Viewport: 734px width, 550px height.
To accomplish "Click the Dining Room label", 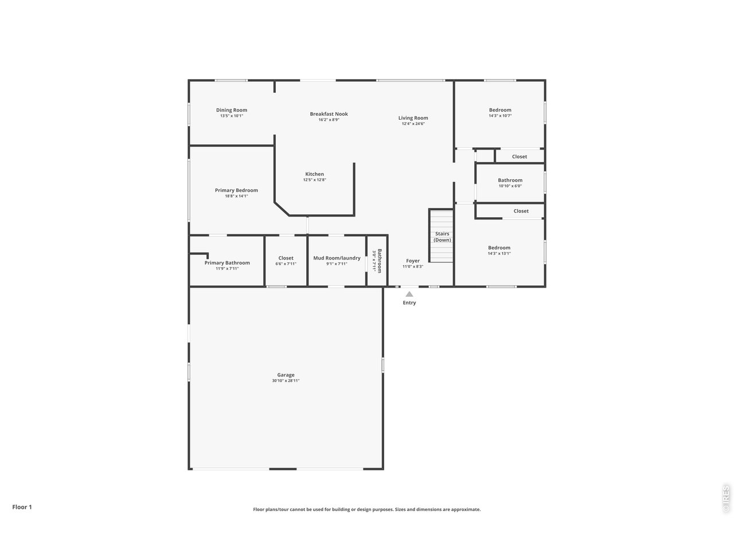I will [232, 110].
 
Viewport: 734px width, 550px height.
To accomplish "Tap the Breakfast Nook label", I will [329, 114].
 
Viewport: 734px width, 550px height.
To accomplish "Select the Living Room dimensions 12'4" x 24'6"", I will [413, 124].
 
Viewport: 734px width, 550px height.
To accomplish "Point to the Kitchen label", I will [314, 174].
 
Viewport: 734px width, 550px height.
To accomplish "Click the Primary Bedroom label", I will [236, 190].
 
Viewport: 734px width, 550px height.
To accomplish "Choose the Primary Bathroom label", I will [227, 263].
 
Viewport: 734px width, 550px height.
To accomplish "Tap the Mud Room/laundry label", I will [337, 258].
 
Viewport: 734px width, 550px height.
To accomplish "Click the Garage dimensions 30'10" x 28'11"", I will [286, 381].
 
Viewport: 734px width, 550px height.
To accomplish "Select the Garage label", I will [286, 375].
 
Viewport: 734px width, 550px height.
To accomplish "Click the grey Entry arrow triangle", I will [409, 294].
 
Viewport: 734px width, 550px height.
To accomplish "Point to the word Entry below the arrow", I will [409, 303].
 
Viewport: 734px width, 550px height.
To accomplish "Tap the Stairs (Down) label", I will [442, 237].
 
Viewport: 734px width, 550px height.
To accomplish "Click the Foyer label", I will [413, 261].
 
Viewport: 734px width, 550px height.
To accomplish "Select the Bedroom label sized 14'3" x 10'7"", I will [500, 110].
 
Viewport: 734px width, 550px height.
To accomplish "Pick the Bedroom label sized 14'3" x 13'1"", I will [499, 248].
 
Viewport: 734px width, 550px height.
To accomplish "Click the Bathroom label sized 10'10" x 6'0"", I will [510, 180].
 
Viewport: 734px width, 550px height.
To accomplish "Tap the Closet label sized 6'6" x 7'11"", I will [286, 258].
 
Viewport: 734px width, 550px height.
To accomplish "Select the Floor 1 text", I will [22, 507].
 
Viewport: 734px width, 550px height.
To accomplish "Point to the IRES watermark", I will [725, 499].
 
